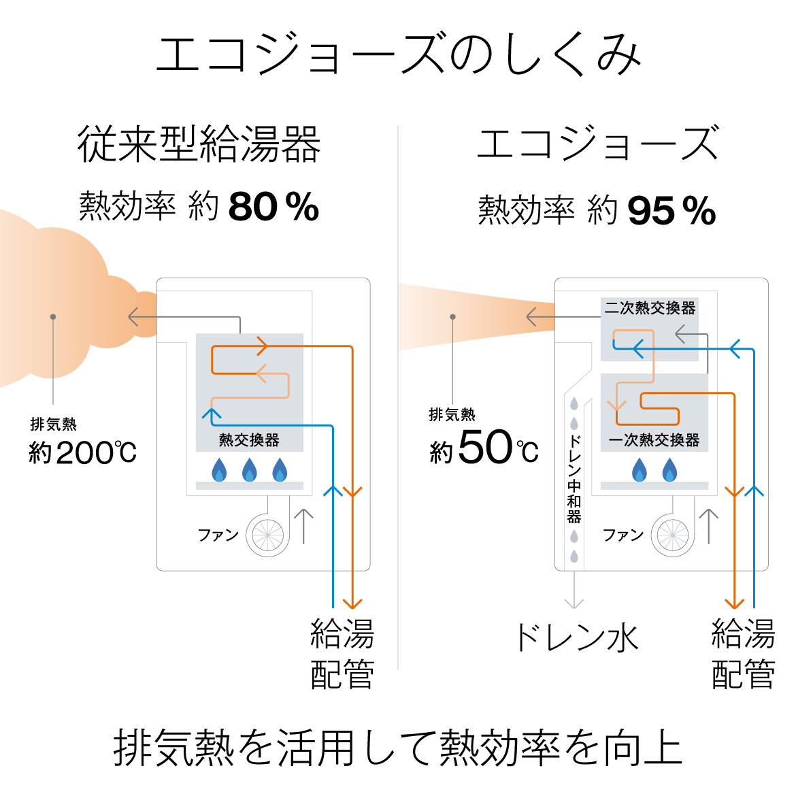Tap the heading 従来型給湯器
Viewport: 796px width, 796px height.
(199, 144)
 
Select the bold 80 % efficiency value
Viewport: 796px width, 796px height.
(273, 207)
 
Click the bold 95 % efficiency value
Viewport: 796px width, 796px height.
(671, 210)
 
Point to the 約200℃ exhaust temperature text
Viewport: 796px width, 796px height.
(83, 452)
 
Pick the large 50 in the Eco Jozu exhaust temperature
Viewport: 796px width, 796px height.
(485, 447)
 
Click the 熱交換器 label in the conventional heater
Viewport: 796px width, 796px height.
(249, 440)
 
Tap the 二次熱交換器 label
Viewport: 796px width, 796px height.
(650, 308)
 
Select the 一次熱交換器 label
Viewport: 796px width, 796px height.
(654, 440)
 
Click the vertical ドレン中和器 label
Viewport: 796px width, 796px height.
(574, 479)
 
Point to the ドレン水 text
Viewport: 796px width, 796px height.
(576, 637)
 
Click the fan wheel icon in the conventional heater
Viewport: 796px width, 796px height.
(267, 535)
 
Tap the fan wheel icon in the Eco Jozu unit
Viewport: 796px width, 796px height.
(673, 535)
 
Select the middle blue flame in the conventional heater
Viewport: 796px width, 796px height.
(249, 470)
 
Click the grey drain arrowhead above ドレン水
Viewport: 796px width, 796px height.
(574, 603)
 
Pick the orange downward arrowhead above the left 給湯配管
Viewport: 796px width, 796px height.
(352, 603)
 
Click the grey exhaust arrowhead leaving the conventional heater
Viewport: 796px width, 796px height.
(133, 317)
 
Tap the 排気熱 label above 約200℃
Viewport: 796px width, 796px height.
(53, 424)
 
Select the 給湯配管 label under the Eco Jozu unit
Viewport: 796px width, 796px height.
(743, 653)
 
